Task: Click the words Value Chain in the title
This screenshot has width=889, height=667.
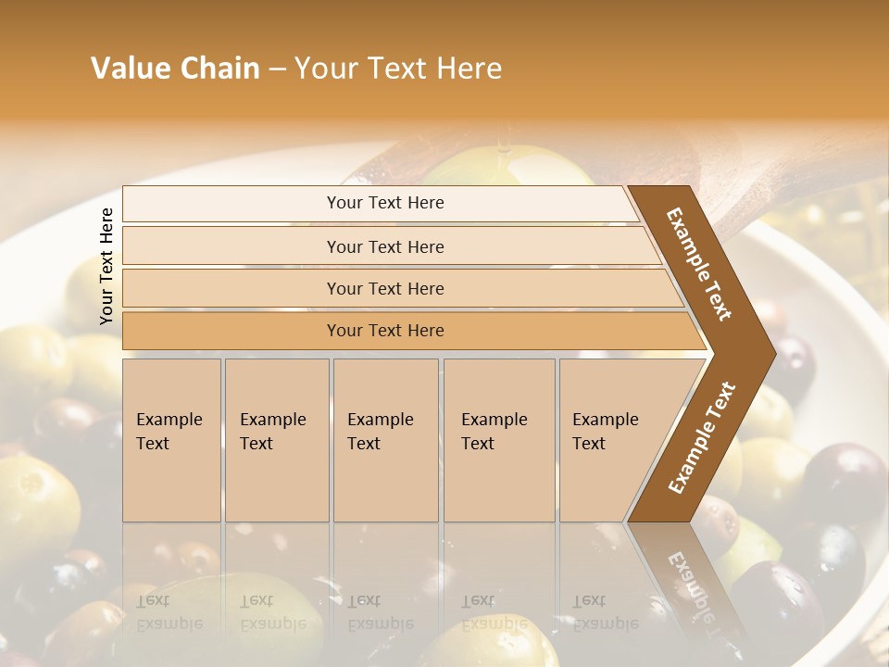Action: click(175, 69)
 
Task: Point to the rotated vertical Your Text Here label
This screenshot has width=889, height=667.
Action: click(106, 266)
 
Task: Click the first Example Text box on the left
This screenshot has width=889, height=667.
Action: click(171, 440)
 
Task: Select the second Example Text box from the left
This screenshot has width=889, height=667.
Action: click(276, 440)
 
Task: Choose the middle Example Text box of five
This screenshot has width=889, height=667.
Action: click(385, 440)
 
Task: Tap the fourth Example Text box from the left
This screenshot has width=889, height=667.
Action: click(498, 440)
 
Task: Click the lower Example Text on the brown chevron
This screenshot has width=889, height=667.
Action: click(701, 437)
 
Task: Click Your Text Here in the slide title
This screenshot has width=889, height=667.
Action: click(398, 69)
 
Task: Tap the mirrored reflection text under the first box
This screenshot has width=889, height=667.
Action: click(169, 612)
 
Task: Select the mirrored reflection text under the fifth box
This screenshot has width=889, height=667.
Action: click(605, 612)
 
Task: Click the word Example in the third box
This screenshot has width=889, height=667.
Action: click(380, 420)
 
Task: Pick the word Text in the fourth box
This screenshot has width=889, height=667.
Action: click(478, 444)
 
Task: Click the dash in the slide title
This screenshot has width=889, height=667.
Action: click(277, 69)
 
